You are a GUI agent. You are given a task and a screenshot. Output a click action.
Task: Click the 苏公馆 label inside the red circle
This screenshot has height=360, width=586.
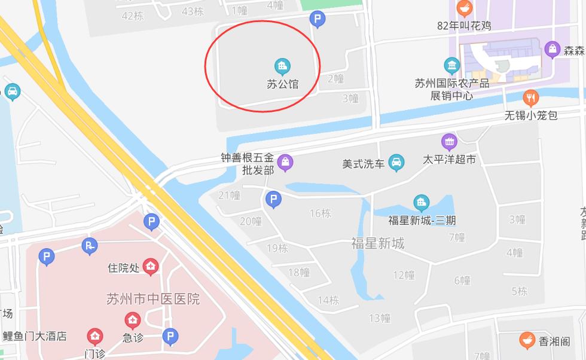pyautogui.click(x=283, y=84)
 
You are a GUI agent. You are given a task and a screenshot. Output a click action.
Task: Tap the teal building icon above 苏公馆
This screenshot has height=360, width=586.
pyautogui.click(x=282, y=65)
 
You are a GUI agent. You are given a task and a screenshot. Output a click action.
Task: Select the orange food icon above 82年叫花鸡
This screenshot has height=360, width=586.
pyautogui.click(x=464, y=8)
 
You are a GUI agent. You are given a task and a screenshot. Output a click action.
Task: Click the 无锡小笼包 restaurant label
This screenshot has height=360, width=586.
pyautogui.click(x=531, y=115)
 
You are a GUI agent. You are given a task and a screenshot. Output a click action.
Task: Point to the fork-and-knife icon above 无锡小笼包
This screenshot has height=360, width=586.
pyautogui.click(x=530, y=98)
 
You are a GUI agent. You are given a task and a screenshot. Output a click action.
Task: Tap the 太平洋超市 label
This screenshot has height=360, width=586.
pyautogui.click(x=449, y=160)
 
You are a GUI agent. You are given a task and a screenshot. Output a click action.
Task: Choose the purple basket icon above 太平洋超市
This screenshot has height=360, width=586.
pyautogui.click(x=449, y=142)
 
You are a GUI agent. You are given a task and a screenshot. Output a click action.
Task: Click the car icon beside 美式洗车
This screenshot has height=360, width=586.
pyautogui.click(x=396, y=163)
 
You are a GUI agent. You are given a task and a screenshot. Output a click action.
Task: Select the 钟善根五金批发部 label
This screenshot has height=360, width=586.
pyautogui.click(x=247, y=164)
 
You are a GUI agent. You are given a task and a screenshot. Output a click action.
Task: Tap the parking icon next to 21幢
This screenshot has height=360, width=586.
pyautogui.click(x=273, y=199)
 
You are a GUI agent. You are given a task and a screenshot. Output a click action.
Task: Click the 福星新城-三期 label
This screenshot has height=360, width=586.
pyautogui.click(x=422, y=220)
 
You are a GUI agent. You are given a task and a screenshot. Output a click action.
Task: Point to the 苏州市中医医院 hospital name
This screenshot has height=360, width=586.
pyautogui.click(x=152, y=298)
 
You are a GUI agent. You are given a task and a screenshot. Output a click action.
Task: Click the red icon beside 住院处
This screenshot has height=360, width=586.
pyautogui.click(x=151, y=265)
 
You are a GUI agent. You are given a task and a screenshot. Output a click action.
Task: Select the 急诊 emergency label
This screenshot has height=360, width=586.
pyautogui.click(x=133, y=337)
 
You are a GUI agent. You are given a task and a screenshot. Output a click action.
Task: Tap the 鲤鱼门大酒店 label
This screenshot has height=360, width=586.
pyautogui.click(x=34, y=336)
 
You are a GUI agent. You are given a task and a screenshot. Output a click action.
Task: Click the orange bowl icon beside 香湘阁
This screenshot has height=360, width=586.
pyautogui.click(x=527, y=340)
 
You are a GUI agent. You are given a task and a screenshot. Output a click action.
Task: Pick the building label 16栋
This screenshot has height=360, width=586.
pyautogui.click(x=320, y=213)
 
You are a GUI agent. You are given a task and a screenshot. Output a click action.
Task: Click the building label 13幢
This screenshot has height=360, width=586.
pyautogui.click(x=380, y=318)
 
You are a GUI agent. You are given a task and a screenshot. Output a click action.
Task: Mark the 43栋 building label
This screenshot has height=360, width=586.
pyautogui.click(x=193, y=11)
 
